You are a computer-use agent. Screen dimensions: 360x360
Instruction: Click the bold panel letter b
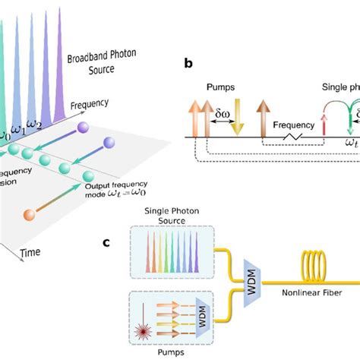point(188,64)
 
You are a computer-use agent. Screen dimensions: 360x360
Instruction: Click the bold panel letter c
point(108,243)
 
